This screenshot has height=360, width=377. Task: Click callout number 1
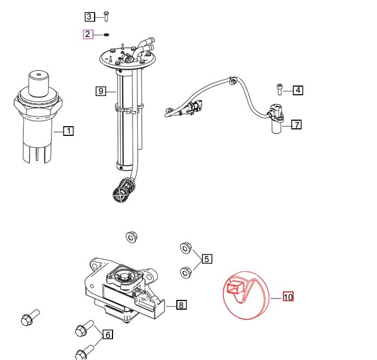tap(68, 130)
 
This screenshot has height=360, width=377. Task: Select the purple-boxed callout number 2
tap(88, 35)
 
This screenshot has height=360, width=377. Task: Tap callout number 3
tap(90, 16)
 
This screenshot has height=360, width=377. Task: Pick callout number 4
tap(298, 90)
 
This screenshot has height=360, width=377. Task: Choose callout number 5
tap(207, 259)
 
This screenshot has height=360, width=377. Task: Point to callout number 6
tap(108, 335)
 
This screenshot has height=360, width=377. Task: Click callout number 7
tap(296, 125)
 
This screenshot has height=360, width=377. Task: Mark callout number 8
tap(181, 305)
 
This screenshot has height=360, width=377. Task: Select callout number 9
tap(101, 91)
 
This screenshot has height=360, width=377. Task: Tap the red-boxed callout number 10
tap(288, 297)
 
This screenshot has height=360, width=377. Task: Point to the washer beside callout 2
tap(106, 35)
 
